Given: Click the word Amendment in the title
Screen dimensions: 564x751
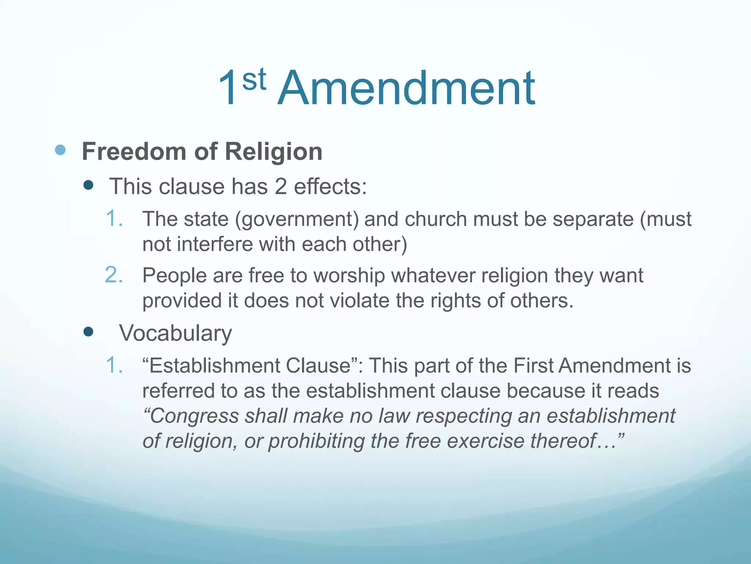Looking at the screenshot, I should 406,89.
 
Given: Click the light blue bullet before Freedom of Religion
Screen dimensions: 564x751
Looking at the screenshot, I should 60,150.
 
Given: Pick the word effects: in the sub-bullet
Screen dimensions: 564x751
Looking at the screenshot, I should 330,187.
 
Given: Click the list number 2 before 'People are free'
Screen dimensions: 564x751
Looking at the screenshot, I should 114,275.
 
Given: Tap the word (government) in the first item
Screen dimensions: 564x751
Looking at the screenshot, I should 297,220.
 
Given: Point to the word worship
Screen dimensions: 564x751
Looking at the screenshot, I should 349,275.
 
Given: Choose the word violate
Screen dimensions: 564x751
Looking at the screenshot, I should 359,301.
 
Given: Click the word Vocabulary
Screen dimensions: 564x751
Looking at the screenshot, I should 175,333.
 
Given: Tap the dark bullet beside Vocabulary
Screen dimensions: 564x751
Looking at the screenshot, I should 88,332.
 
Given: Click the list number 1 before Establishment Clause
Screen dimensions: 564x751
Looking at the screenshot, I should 114,366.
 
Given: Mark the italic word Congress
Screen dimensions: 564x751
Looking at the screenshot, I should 191,416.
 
